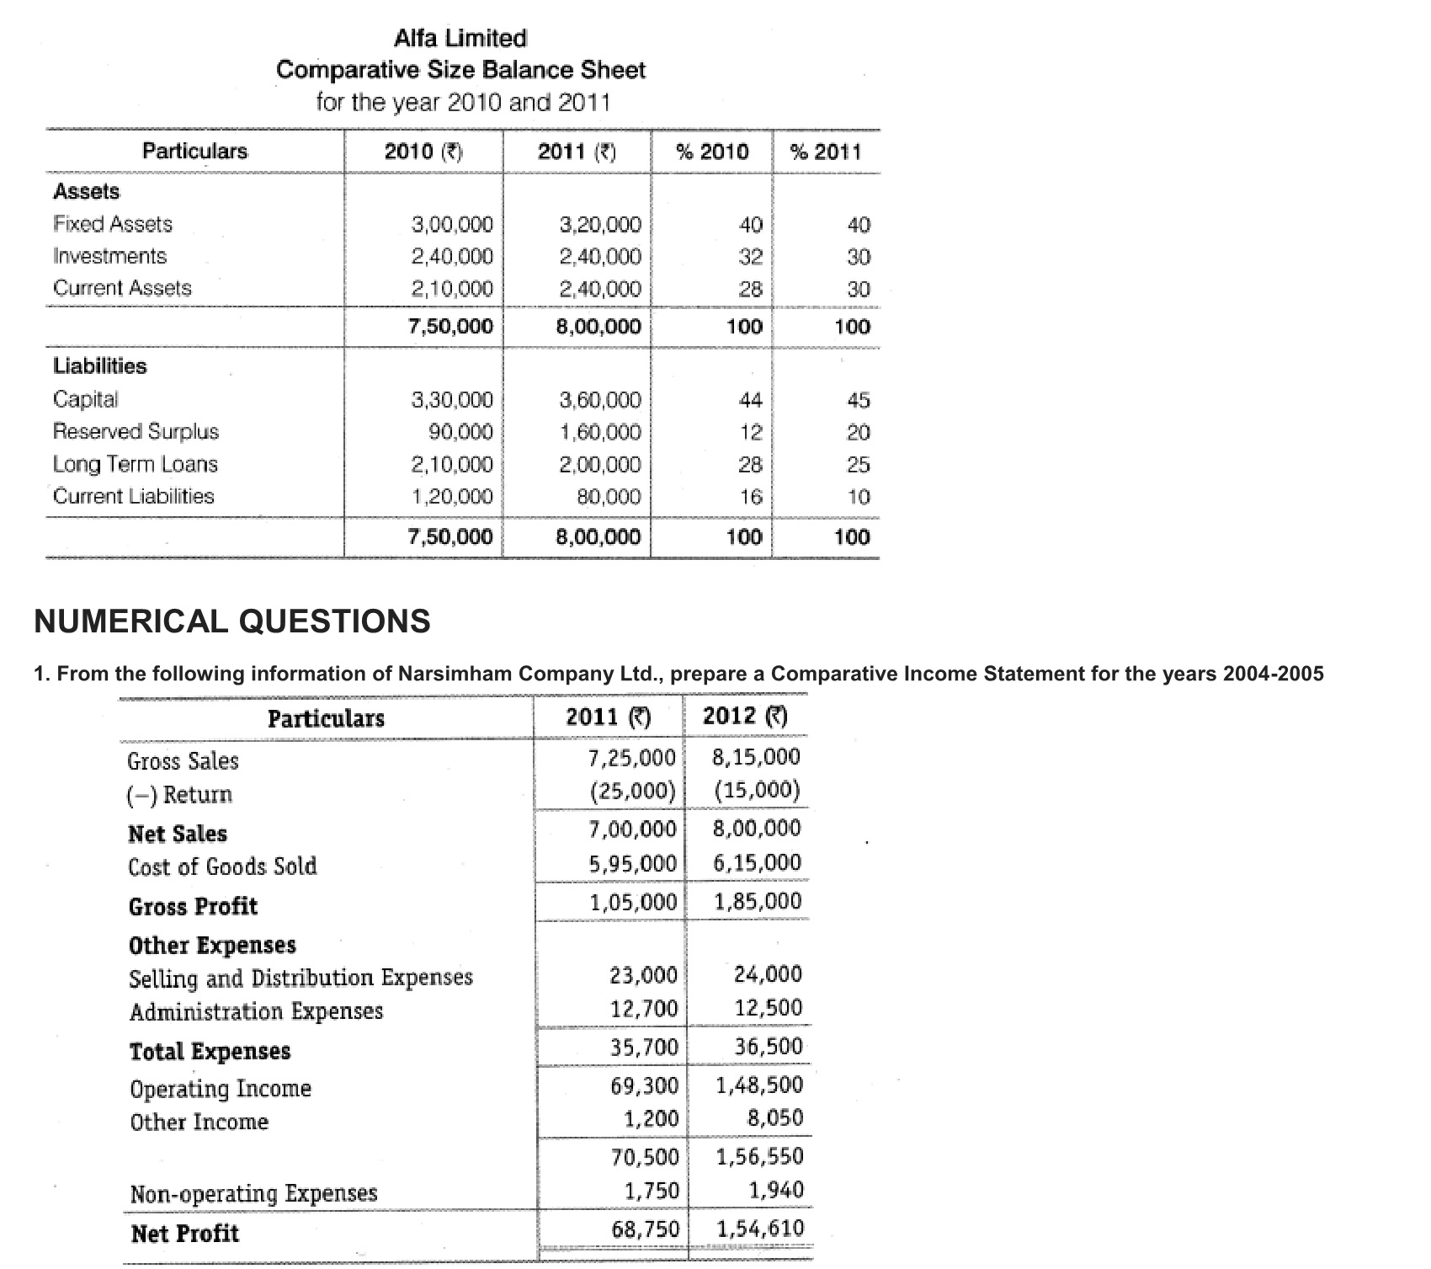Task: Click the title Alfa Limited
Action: pyautogui.click(x=460, y=38)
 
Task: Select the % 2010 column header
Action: pyautogui.click(x=712, y=152)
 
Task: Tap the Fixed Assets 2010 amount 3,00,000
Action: pyautogui.click(x=452, y=225)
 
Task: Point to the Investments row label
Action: pyautogui.click(x=110, y=256)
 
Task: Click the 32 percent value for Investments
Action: pyautogui.click(x=750, y=257)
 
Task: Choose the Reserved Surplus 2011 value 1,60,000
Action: pyautogui.click(x=600, y=433)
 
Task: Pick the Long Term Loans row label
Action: pyautogui.click(x=136, y=464)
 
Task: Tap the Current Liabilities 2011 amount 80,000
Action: pyautogui.click(x=609, y=497)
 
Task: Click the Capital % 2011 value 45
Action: pyautogui.click(x=859, y=400)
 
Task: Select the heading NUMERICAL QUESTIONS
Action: pyautogui.click(x=232, y=621)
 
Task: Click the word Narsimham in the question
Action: pyautogui.click(x=455, y=674)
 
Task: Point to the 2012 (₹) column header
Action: pyautogui.click(x=745, y=717)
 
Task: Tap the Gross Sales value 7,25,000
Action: pyautogui.click(x=632, y=758)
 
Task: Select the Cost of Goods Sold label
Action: pyautogui.click(x=223, y=866)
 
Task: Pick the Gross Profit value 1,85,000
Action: pyautogui.click(x=758, y=902)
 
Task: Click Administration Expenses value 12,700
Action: pyautogui.click(x=644, y=1008)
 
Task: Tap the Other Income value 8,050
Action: pyautogui.click(x=775, y=1118)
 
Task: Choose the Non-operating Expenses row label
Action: pyautogui.click(x=254, y=1193)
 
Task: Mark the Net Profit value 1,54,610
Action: pyautogui.click(x=760, y=1229)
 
